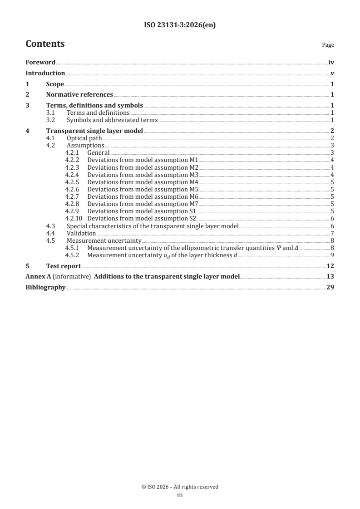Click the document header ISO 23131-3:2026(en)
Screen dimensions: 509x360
click(180, 25)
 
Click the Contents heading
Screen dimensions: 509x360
click(45, 44)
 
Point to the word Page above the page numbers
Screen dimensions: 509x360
click(328, 45)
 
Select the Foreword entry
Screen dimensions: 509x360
click(40, 63)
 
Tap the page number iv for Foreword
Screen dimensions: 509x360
click(331, 63)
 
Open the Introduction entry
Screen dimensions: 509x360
click(45, 73)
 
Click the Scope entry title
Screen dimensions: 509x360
click(55, 84)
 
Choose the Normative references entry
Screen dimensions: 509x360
click(79, 95)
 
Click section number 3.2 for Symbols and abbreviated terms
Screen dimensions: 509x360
click(51, 120)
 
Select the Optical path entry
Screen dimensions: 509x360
click(84, 138)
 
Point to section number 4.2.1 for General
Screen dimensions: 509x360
click(72, 153)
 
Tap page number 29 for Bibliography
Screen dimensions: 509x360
click(330, 288)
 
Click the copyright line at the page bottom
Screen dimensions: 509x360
click(180, 487)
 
